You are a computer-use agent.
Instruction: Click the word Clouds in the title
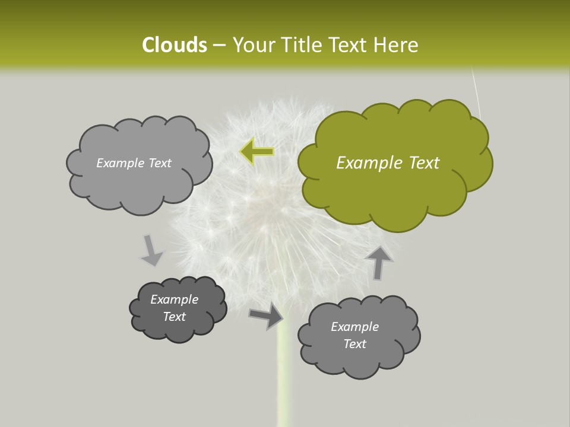pos(174,45)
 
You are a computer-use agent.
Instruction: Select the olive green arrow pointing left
pos(257,152)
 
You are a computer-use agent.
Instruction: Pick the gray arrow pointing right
pos(267,315)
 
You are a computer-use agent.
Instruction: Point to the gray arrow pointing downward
pos(151,250)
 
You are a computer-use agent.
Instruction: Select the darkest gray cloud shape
pos(178,309)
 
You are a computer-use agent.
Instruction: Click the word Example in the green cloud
pos(363,163)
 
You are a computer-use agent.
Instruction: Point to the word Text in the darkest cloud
pos(175,317)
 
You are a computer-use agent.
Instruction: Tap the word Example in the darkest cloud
pos(175,299)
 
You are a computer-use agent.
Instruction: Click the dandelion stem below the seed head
pos(284,380)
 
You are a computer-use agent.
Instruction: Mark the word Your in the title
pos(251,45)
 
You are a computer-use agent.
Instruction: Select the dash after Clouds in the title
pos(218,45)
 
